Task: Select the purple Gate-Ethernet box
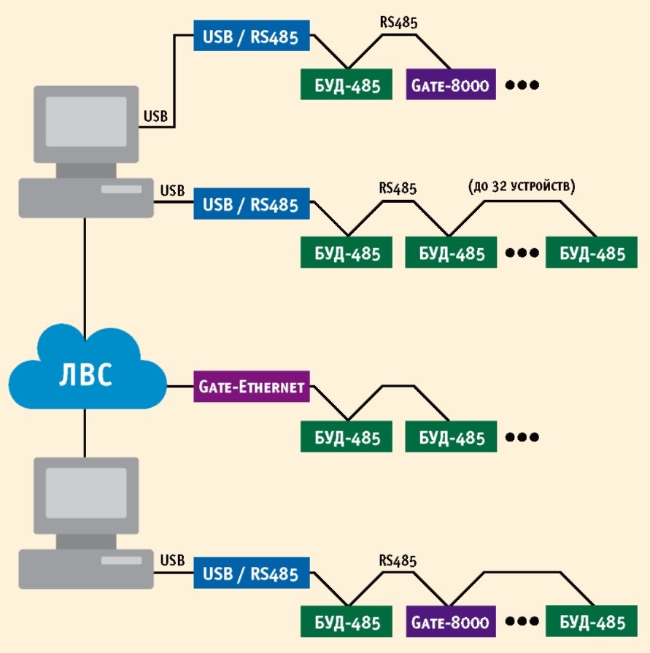(252, 387)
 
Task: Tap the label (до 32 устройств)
(522, 188)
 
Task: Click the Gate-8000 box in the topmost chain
(452, 85)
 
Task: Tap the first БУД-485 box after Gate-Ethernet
(347, 438)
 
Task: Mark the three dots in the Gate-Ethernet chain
(522, 438)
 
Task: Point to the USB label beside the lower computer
(172, 560)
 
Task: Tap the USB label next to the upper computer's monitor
(156, 115)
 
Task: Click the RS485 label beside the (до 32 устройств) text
(398, 188)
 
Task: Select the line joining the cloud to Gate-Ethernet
(179, 387)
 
